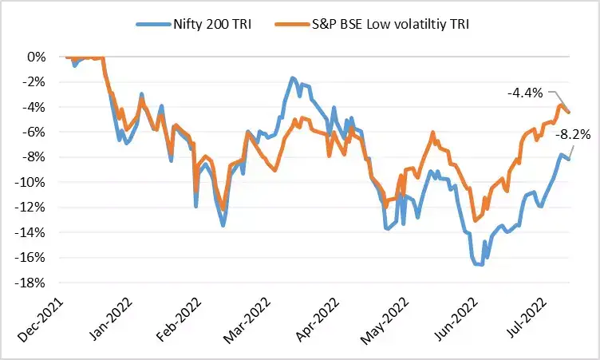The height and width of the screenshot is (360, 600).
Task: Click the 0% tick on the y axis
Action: point(37,57)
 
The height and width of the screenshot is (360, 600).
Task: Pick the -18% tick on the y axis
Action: point(34,283)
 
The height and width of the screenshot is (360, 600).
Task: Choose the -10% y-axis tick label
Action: point(34,182)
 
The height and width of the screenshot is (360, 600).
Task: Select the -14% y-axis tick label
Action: point(34,232)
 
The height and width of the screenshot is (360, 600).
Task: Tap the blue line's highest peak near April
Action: point(293,78)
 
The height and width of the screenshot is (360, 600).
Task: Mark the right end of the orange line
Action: point(568,113)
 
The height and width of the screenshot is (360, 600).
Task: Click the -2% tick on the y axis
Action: point(37,82)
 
